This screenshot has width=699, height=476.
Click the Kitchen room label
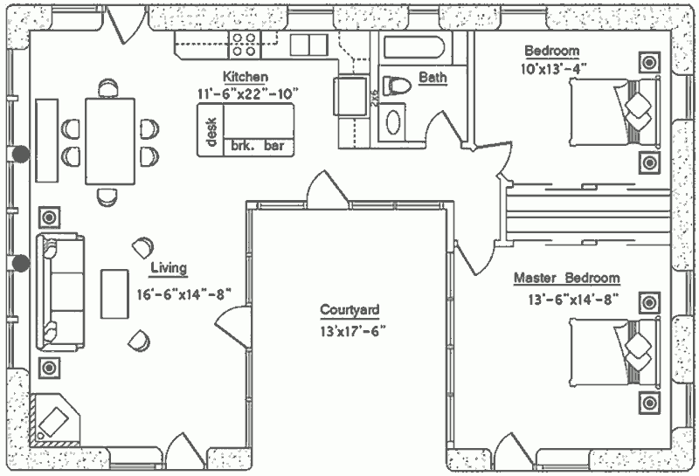pos(246,77)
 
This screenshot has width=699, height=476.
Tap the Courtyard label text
pos(349,310)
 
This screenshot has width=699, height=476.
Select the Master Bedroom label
pos(566,278)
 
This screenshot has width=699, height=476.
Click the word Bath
pos(433,77)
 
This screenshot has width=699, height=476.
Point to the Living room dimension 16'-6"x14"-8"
pos(184,294)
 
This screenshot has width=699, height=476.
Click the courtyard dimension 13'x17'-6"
pos(353,332)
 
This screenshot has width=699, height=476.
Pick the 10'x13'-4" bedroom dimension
pos(552,69)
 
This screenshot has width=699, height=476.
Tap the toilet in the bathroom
pos(397,86)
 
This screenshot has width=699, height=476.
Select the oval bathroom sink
pos(392,122)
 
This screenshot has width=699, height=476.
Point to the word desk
pos(211,132)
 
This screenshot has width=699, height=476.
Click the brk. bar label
pos(257,146)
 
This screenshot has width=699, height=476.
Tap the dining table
pos(110,141)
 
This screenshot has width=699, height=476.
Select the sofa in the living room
pos(60,292)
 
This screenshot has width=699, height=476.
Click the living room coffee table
pos(114,293)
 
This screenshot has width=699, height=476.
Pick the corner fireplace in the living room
pos(54,420)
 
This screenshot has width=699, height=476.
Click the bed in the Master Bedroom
pos(614,352)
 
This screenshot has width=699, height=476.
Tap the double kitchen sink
pos(308,45)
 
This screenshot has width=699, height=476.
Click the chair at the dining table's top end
pos(107,88)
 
